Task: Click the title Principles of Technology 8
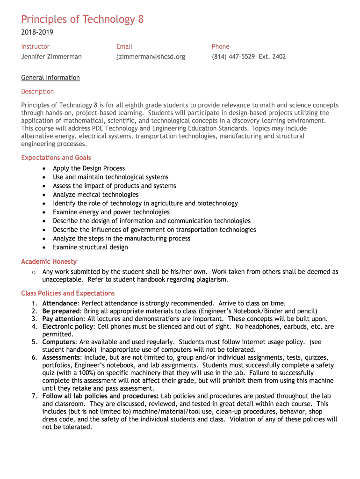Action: (x=82, y=19)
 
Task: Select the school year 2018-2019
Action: (x=37, y=32)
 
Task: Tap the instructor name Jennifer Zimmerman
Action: (x=51, y=57)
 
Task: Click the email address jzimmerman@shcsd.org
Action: (x=151, y=57)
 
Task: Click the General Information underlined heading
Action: (x=50, y=78)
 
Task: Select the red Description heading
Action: (x=37, y=91)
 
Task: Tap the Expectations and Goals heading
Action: (x=56, y=158)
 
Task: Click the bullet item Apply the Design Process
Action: (x=89, y=168)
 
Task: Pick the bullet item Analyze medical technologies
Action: (x=96, y=195)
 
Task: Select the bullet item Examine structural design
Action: (x=90, y=247)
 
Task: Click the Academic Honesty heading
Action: (x=49, y=261)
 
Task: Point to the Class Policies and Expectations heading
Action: (x=68, y=293)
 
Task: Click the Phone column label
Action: (x=221, y=46)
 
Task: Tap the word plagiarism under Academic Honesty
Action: (x=211, y=280)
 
